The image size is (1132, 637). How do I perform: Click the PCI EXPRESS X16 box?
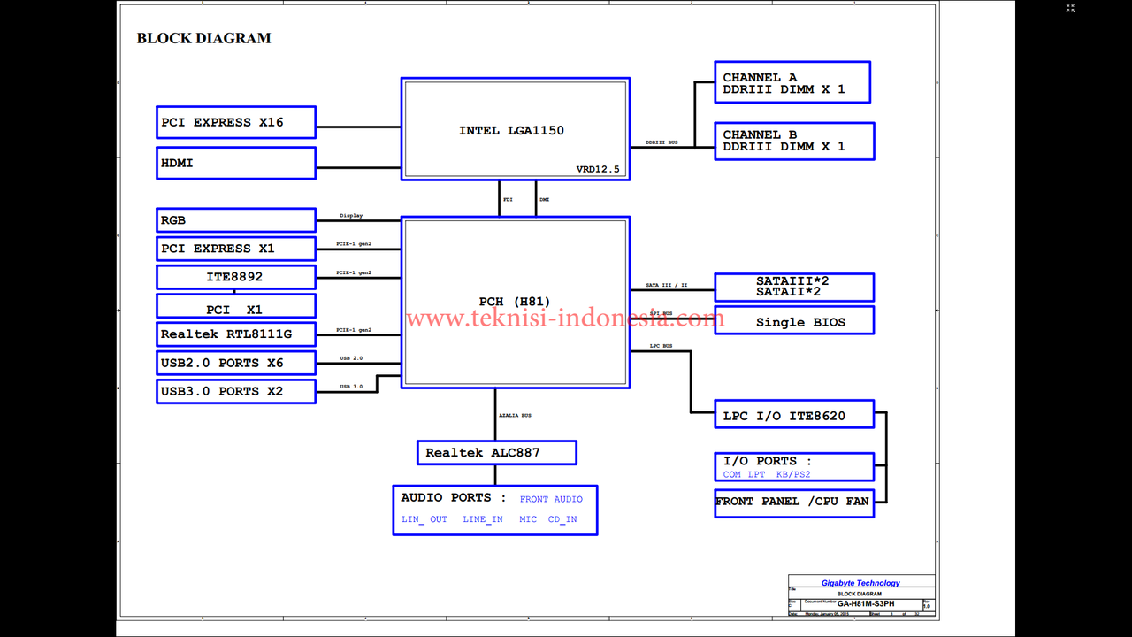pyautogui.click(x=235, y=122)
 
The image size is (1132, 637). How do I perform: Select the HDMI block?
pyautogui.click(x=235, y=163)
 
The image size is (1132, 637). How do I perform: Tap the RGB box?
pyautogui.click(x=235, y=220)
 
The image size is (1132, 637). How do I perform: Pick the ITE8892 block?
pyautogui.click(x=235, y=277)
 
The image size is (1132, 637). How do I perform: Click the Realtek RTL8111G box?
pyautogui.click(x=235, y=334)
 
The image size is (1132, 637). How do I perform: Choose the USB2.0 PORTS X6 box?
pyautogui.click(x=235, y=363)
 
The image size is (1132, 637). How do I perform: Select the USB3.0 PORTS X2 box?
pyautogui.click(x=235, y=391)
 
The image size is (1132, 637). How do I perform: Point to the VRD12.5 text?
pyautogui.click(x=598, y=169)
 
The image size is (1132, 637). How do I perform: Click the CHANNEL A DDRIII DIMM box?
pyautogui.click(x=792, y=82)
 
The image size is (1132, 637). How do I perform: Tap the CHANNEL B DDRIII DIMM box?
pyautogui.click(x=793, y=141)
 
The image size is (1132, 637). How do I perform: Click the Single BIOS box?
pyautogui.click(x=793, y=321)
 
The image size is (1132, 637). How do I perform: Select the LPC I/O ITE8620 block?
pyautogui.click(x=793, y=415)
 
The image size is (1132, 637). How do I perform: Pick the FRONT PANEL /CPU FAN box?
pyautogui.click(x=793, y=502)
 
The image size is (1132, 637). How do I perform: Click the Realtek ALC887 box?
pyautogui.click(x=496, y=453)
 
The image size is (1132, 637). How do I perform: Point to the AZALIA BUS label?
pyautogui.click(x=515, y=415)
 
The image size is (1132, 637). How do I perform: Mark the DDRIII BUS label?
pyautogui.click(x=662, y=142)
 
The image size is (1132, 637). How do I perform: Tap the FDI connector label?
pyautogui.click(x=508, y=200)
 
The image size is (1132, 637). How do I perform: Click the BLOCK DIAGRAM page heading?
pyautogui.click(x=203, y=38)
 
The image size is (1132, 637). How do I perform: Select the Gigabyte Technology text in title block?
pyautogui.click(x=860, y=583)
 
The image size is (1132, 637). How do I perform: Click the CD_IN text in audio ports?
pyautogui.click(x=562, y=519)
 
